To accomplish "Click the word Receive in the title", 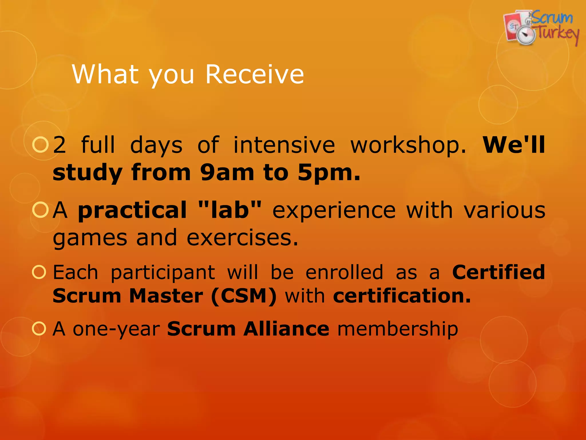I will coord(254,74).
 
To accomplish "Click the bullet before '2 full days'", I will coord(40,145).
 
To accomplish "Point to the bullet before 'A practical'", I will coord(40,210).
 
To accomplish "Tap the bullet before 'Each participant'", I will coord(39,272).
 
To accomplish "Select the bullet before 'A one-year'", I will coord(39,329).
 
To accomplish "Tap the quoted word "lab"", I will coord(229,210).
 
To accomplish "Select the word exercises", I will coord(242,238).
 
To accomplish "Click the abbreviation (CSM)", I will coord(244,296).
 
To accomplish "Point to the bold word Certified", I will coord(498,272).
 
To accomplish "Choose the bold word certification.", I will coord(402,296).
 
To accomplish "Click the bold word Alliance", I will coord(286,329).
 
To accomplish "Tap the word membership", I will coord(398,329).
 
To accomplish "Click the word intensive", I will coord(284,145).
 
